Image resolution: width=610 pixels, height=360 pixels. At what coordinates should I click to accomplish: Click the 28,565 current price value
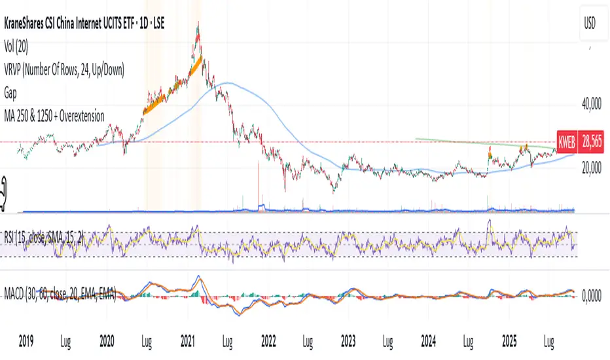(x=593, y=141)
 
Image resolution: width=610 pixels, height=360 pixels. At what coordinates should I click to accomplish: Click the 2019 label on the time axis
(x=27, y=342)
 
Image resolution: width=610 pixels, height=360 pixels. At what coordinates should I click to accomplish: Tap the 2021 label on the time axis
(x=187, y=342)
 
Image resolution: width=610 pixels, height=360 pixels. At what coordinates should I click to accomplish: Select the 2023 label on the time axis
(x=348, y=342)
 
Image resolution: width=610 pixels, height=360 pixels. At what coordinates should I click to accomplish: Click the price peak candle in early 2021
(x=198, y=25)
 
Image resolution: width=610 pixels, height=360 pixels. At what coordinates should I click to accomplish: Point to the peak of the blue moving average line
(x=226, y=83)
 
